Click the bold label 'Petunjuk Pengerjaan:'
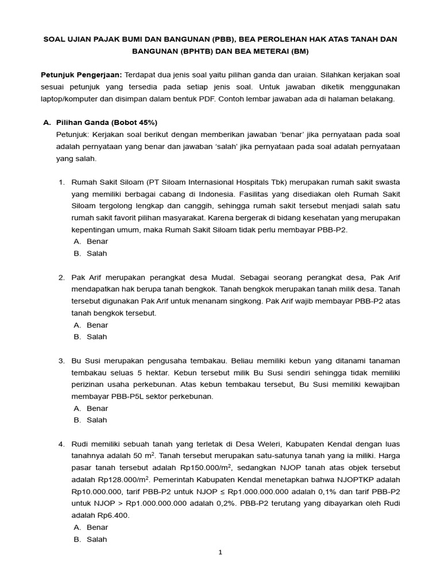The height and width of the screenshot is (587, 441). tap(81, 75)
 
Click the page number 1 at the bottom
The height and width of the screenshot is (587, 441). tap(220, 553)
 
